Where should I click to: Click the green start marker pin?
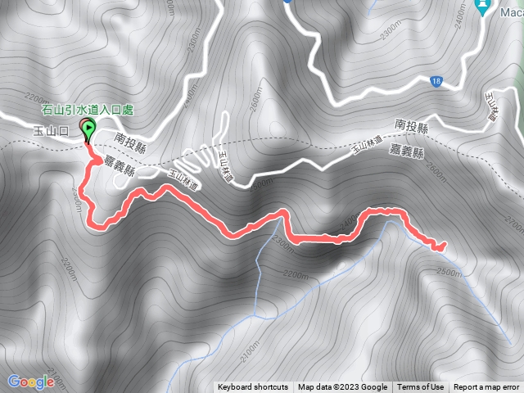pos(88,128)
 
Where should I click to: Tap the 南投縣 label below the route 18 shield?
pos(411,124)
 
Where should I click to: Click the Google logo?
pos(31,382)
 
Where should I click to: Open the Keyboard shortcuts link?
pos(253,387)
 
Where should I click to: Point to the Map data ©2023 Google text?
pos(342,387)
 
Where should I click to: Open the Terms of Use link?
pos(421,387)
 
